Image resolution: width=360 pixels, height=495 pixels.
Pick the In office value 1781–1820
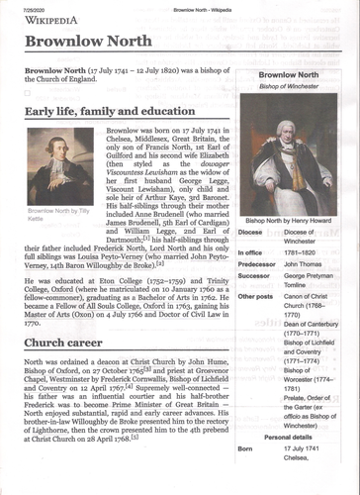click(304, 252)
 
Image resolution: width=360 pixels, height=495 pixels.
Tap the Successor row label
click(256, 279)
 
